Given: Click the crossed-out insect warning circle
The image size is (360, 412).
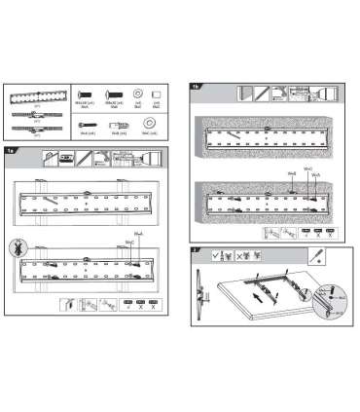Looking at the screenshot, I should click(15, 245).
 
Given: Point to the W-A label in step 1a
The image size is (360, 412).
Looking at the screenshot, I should click(136, 231).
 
